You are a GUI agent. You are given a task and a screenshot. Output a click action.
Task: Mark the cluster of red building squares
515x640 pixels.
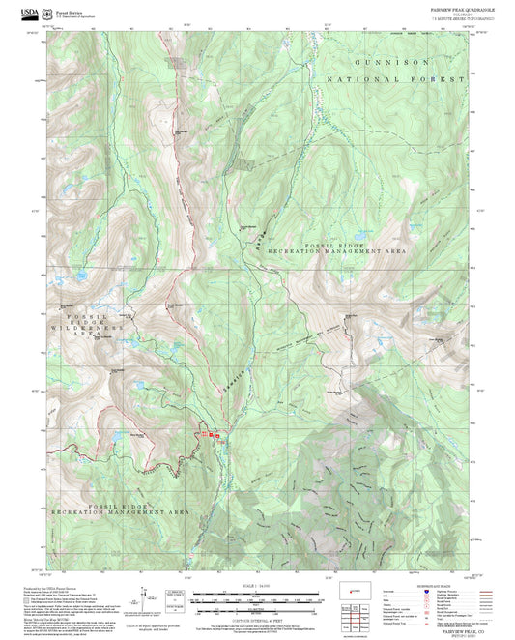(x=211, y=436)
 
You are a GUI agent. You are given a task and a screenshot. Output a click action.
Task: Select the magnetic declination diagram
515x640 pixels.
(x=175, y=598)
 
